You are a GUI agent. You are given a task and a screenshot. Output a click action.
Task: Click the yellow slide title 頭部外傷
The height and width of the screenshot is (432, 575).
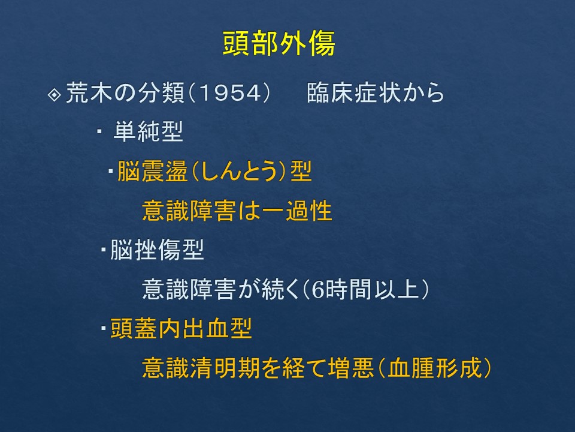(x=279, y=43)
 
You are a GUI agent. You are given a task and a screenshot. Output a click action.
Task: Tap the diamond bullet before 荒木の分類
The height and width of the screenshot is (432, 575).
(x=55, y=95)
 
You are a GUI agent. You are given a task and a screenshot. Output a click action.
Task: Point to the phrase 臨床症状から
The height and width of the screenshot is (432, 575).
(x=375, y=92)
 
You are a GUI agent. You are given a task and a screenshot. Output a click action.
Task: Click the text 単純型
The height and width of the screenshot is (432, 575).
(x=148, y=131)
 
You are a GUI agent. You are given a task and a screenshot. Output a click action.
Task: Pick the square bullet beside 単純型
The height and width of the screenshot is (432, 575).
(x=99, y=131)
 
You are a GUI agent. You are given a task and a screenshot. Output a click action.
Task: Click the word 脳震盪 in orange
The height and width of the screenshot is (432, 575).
(x=153, y=171)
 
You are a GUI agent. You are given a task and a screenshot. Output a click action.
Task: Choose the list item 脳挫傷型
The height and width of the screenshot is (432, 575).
(x=157, y=250)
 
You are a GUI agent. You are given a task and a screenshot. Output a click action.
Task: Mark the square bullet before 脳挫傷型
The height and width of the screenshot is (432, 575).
(x=104, y=250)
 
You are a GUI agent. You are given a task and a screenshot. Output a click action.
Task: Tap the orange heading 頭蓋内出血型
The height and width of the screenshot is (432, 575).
(x=181, y=328)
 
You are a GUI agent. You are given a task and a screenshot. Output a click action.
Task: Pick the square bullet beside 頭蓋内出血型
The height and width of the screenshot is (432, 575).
(x=104, y=328)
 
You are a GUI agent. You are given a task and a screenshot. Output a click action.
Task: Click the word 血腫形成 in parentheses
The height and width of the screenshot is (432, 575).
(x=435, y=368)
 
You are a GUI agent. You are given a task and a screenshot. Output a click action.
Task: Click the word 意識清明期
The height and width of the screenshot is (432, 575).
(x=201, y=368)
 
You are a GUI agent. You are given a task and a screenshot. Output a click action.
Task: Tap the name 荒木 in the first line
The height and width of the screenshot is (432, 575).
(x=89, y=92)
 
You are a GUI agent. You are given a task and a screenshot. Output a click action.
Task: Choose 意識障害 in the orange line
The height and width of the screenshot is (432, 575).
(x=189, y=211)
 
